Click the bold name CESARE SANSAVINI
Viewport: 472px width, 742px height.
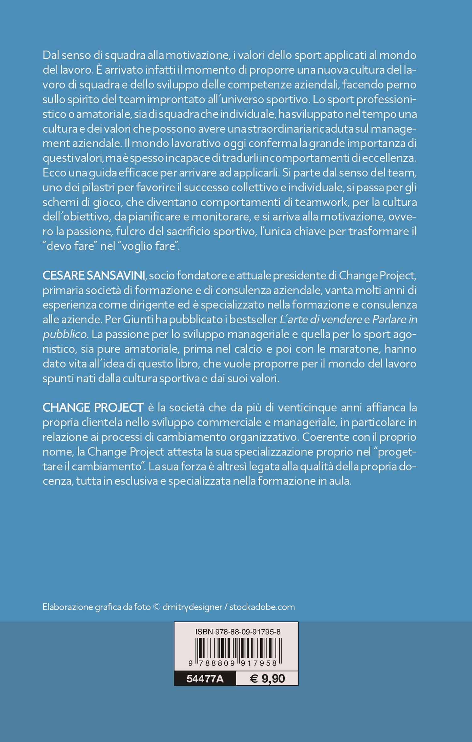pyautogui.click(x=94, y=275)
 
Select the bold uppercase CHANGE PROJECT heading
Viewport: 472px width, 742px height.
pyautogui.click(x=93, y=407)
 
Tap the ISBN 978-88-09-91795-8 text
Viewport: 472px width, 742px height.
pyautogui.click(x=238, y=632)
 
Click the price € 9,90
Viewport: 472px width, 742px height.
pyautogui.click(x=267, y=678)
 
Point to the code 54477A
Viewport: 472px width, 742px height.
pyautogui.click(x=205, y=679)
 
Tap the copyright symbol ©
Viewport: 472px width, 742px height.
pyautogui.click(x=156, y=607)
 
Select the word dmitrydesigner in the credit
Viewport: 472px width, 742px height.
pyautogui.click(x=192, y=607)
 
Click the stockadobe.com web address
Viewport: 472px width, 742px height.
pyautogui.click(x=262, y=607)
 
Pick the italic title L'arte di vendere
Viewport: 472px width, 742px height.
pyautogui.click(x=321, y=319)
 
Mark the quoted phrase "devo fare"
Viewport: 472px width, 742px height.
pyautogui.click(x=70, y=246)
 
